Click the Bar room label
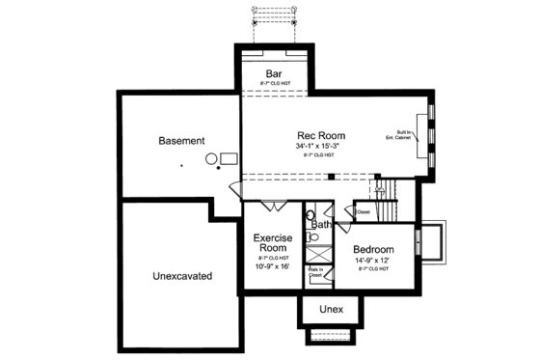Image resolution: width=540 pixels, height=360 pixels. point(273,73)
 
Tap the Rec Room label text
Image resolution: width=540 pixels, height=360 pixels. point(320,135)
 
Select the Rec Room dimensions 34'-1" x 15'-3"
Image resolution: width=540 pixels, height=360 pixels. point(320,146)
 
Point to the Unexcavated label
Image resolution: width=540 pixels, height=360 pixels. point(181,277)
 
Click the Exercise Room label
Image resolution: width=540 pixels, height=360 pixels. point(273,243)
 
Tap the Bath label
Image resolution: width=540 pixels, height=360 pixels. point(321,224)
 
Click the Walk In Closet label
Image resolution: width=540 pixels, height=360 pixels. point(315,273)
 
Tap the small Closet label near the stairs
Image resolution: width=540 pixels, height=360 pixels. point(363,211)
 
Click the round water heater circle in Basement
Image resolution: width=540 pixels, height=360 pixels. point(210,158)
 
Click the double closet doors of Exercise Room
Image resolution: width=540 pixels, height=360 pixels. point(273,207)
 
